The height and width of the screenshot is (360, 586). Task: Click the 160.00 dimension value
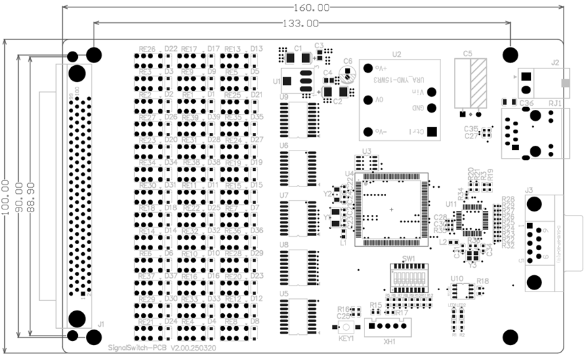(313, 7)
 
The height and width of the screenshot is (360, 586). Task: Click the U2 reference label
(396, 54)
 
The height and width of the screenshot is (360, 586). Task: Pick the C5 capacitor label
(467, 54)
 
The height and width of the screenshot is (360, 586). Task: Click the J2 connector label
(556, 63)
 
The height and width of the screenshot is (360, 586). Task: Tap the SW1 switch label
(409, 259)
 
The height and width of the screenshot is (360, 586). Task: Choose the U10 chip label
(457, 279)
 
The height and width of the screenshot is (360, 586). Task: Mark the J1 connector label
(100, 325)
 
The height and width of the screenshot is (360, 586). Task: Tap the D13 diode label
(257, 49)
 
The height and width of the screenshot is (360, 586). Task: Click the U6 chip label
(284, 146)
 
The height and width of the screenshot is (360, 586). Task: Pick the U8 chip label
(284, 245)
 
